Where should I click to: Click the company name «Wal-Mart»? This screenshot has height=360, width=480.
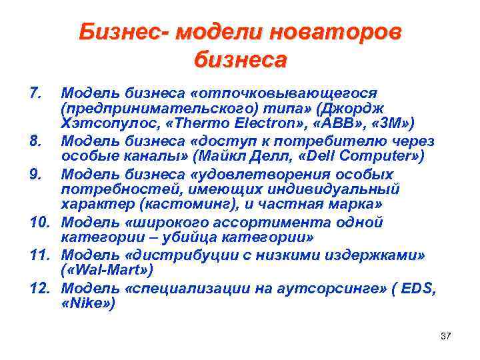[107, 270]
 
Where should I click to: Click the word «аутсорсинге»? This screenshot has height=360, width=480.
[322, 287]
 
